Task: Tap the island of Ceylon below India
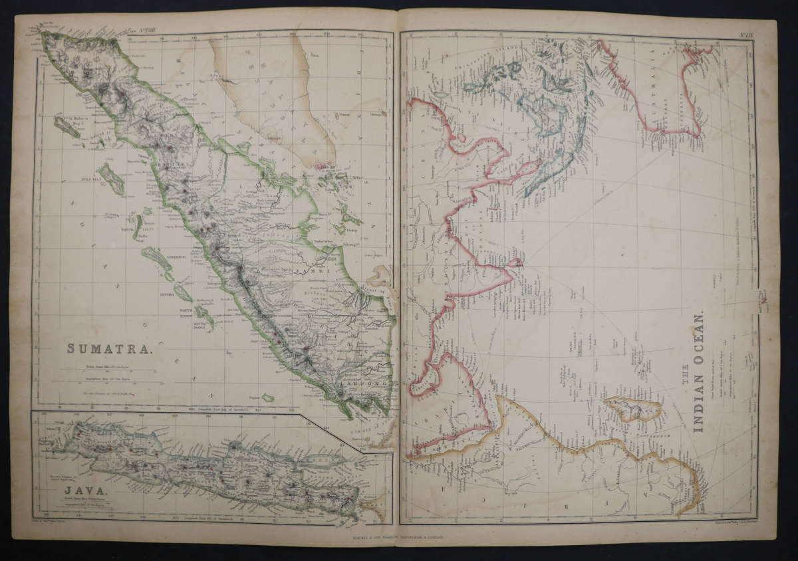[x=515, y=263]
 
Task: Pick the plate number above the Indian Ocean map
[x=744, y=33]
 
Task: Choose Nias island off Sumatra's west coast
[x=111, y=179]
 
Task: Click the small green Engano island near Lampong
[x=267, y=397]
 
